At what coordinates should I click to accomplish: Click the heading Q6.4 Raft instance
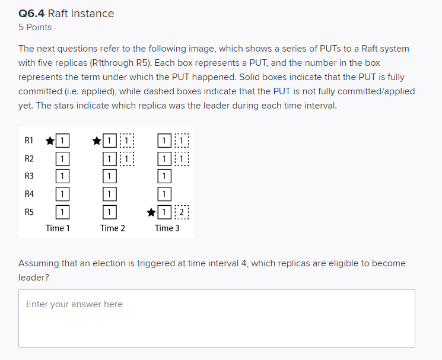[66, 13]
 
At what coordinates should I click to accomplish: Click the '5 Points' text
[35, 27]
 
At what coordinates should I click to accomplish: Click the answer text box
[217, 318]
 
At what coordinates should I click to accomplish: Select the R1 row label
[29, 141]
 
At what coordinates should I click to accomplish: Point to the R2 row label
[29, 158]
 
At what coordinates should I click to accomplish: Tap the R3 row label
[29, 176]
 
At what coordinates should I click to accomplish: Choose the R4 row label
[29, 193]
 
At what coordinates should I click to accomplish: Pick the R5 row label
[29, 211]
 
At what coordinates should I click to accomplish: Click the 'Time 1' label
[58, 228]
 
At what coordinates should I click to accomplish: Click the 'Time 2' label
[113, 228]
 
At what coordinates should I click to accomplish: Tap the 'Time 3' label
[167, 228]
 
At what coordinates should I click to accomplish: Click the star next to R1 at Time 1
[50, 141]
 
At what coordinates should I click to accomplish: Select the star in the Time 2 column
[97, 141]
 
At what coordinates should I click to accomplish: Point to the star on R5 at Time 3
[152, 211]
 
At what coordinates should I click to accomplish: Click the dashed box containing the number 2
[182, 211]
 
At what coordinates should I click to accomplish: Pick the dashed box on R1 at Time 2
[127, 141]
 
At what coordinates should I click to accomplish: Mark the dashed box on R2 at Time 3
[182, 158]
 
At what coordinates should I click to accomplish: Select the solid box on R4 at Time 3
[164, 193]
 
